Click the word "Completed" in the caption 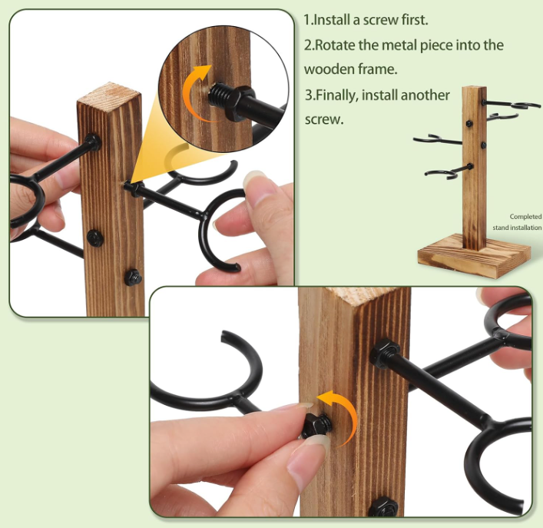tap(525, 217)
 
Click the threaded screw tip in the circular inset tap(217, 95)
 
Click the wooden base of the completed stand tap(474, 256)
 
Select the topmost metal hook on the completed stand tap(512, 104)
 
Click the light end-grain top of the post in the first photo tap(109, 96)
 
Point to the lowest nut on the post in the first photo tap(133, 277)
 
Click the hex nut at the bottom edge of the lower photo tap(383, 507)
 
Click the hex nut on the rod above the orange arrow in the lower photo tap(384, 352)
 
